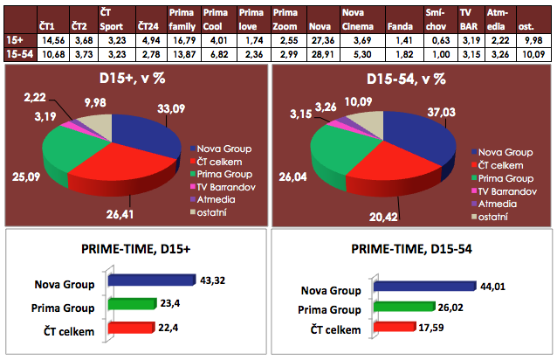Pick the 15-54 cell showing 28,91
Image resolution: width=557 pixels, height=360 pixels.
click(x=323, y=54)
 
